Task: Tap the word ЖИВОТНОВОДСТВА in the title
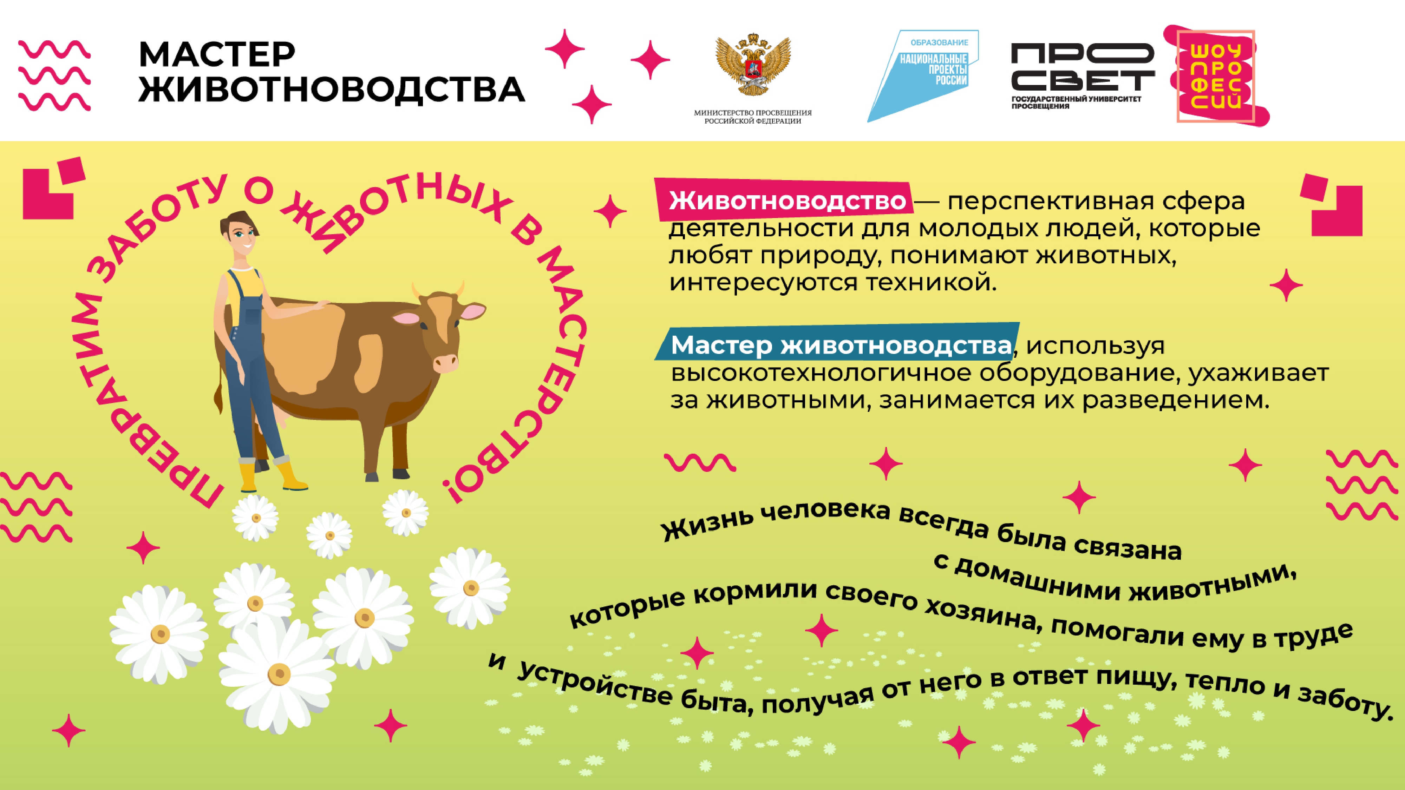coord(332,89)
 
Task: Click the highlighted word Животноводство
coord(788,200)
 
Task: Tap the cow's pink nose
coord(446,363)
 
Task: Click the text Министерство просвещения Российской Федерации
coord(753,117)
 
